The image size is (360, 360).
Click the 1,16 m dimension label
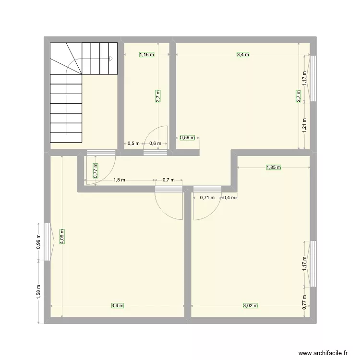147,55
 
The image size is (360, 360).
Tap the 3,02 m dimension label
251,305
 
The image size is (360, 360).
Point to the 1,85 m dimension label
273,168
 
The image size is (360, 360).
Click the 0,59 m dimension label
188,138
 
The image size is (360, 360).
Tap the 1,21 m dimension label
304,126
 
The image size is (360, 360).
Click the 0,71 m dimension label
207,197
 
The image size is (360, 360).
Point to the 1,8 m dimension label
119,180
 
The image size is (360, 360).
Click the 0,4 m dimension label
229,197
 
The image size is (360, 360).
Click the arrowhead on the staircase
110,59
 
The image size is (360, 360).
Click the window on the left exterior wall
47,242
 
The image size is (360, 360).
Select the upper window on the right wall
312,78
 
